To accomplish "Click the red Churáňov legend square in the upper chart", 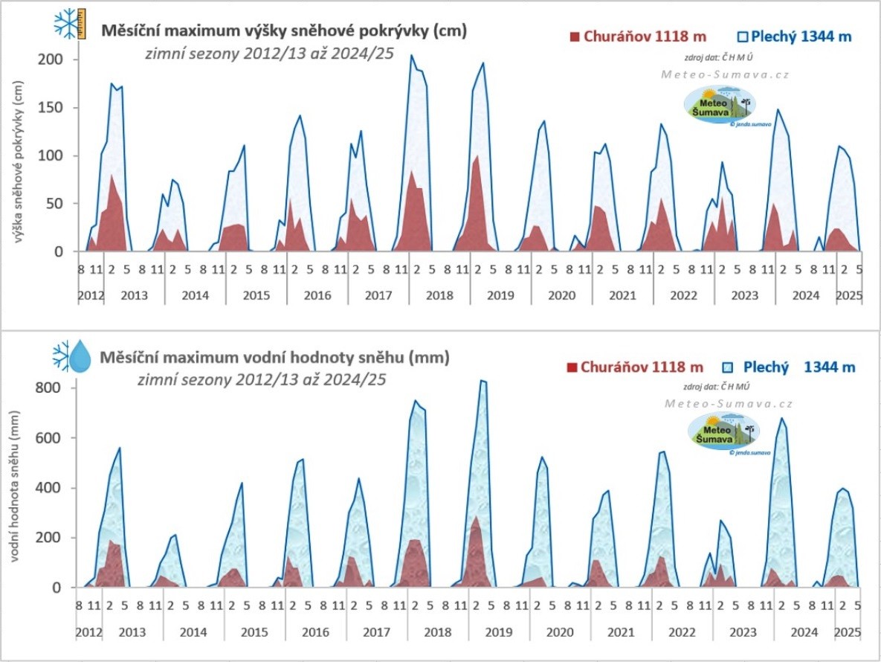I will click(x=574, y=36).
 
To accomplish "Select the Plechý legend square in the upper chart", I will click(x=743, y=36).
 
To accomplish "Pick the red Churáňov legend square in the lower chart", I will click(x=572, y=367).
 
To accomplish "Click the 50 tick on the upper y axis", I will click(x=58, y=204).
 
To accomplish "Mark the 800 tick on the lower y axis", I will click(x=54, y=388).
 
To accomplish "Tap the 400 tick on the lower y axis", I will click(x=54, y=488).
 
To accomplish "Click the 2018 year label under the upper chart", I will click(x=439, y=295).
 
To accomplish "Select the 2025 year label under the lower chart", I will click(x=848, y=632).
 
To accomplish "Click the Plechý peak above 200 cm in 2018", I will click(x=412, y=55).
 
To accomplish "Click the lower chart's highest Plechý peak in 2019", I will click(x=482, y=381).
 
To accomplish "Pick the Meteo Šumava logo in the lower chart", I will click(x=721, y=434).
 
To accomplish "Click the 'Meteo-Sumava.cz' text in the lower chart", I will click(x=729, y=404).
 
